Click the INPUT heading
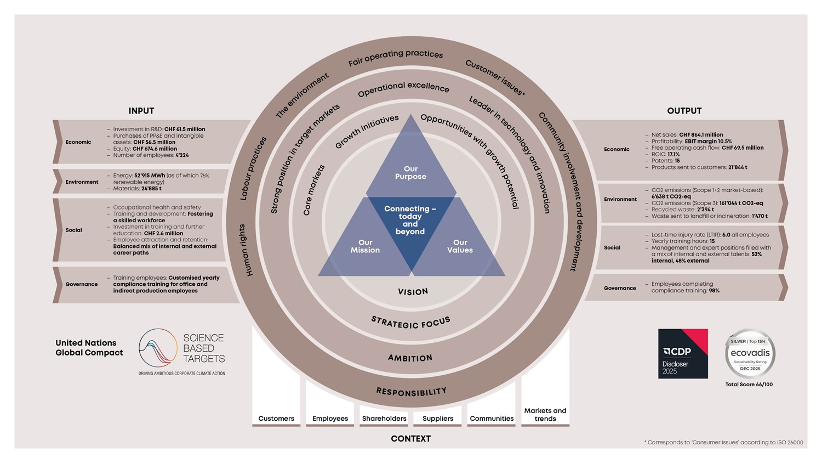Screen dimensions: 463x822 click(141, 111)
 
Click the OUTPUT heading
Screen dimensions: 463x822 click(684, 111)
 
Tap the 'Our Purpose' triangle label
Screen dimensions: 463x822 click(410, 173)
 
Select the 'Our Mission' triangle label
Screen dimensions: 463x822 click(365, 246)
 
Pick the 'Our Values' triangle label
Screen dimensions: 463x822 click(460, 246)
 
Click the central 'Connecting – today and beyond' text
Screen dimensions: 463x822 click(410, 220)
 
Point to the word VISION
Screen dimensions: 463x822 click(413, 292)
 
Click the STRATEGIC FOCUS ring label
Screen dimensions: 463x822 click(410, 323)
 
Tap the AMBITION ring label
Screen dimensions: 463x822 click(410, 358)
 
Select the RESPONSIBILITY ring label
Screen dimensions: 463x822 click(411, 392)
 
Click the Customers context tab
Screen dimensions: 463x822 click(276, 419)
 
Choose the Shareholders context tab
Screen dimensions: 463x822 click(384, 419)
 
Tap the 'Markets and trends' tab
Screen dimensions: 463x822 click(545, 415)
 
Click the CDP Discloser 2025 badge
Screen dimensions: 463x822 click(683, 354)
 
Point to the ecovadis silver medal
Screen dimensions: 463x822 click(750, 354)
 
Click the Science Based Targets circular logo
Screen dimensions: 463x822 click(158, 348)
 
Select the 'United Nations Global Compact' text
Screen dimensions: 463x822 click(89, 348)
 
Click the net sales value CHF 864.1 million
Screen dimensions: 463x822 click(701, 135)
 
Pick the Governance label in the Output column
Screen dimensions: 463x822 click(620, 288)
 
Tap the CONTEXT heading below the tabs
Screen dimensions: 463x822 click(410, 439)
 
